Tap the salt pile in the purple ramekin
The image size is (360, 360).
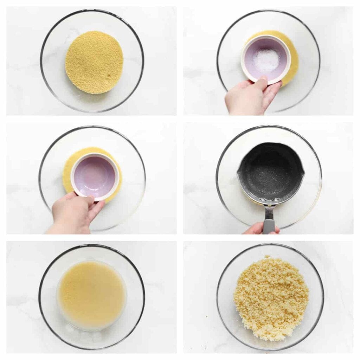click(266, 60)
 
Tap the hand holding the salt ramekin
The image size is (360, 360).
click(246, 98)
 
